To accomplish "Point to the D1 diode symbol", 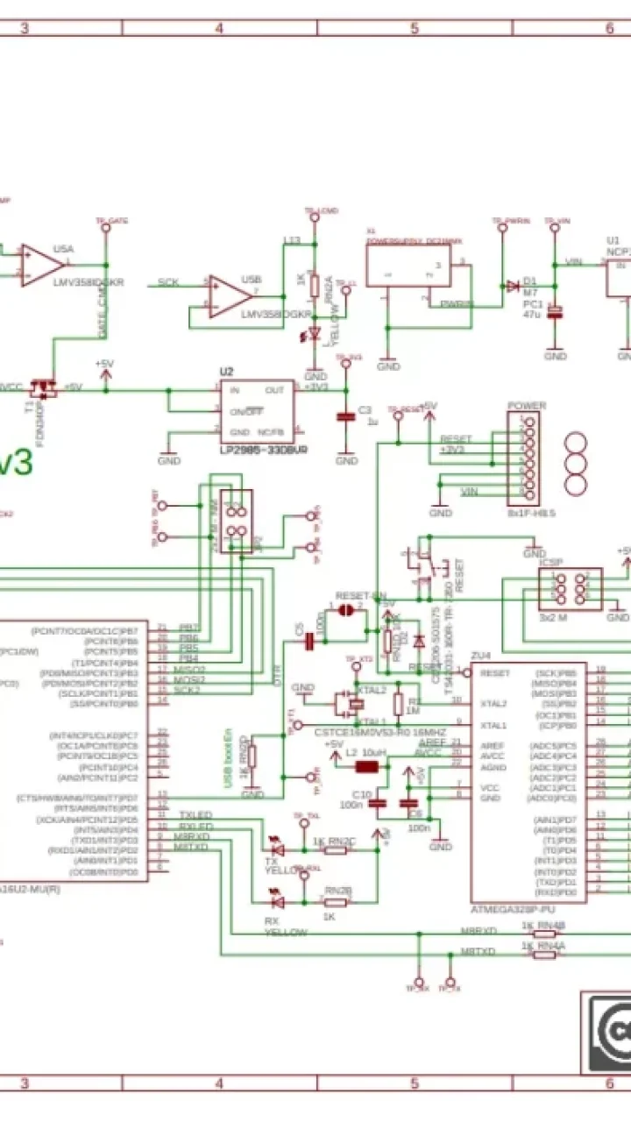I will pyautogui.click(x=512, y=286).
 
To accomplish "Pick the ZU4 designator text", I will pyautogui.click(x=480, y=656).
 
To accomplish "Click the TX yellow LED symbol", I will pyautogui.click(x=277, y=849).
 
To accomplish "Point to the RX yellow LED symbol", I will pyautogui.click(x=277, y=900).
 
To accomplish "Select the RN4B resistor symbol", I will pyautogui.click(x=544, y=934).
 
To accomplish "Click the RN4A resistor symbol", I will pyautogui.click(x=544, y=955).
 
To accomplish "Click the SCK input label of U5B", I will pyautogui.click(x=168, y=282).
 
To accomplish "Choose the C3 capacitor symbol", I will pyautogui.click(x=346, y=417).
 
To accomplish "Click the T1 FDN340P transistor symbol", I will pyautogui.click(x=41, y=387).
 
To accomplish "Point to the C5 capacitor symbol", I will pyautogui.click(x=309, y=643).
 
